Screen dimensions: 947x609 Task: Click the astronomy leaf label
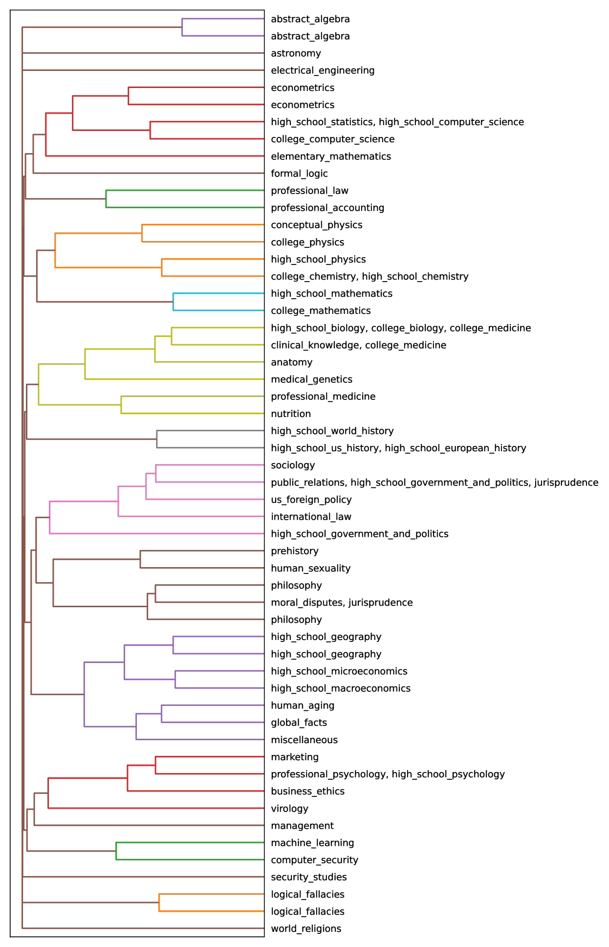(296, 53)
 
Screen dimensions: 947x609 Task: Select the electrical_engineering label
(323, 70)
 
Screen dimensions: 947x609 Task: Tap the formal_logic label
(299, 174)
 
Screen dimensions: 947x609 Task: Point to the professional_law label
(309, 191)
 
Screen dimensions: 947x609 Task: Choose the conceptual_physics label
(316, 225)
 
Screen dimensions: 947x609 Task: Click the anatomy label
(291, 362)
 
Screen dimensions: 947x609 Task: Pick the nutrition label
(291, 414)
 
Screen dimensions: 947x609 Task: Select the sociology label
(293, 465)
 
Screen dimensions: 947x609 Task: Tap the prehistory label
(294, 551)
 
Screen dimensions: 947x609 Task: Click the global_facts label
(299, 723)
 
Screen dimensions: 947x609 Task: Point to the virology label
(289, 809)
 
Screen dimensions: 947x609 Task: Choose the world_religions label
(306, 928)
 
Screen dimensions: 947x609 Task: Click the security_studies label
(308, 877)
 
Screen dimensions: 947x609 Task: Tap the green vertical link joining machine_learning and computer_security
(116, 851)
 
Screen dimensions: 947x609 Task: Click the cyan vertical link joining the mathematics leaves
(173, 302)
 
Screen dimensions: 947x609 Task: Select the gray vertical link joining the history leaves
(157, 439)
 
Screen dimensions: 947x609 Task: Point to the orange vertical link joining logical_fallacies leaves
(159, 903)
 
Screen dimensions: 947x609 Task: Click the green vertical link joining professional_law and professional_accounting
(106, 199)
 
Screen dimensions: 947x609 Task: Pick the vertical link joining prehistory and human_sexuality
(140, 559)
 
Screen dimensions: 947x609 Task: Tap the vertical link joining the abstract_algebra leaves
(182, 27)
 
